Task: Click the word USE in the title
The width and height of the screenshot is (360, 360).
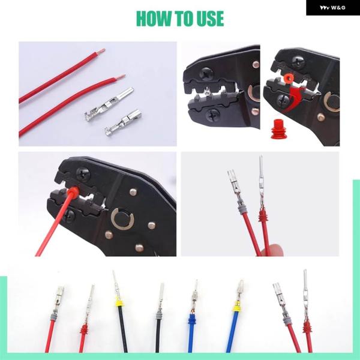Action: tap(211, 19)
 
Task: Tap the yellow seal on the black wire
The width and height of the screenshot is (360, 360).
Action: tap(119, 302)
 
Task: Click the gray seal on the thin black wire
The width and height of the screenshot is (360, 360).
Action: tap(158, 315)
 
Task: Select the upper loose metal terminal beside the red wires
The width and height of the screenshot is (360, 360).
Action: tap(109, 104)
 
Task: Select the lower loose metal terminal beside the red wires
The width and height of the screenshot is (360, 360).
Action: tap(123, 122)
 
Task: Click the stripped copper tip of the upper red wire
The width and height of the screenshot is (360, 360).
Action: tap(101, 51)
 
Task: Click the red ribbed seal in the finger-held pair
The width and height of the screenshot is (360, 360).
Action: tap(262, 215)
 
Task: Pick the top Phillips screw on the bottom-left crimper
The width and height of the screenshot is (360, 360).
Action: tap(83, 175)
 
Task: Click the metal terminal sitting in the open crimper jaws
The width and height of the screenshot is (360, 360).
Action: tap(208, 91)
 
